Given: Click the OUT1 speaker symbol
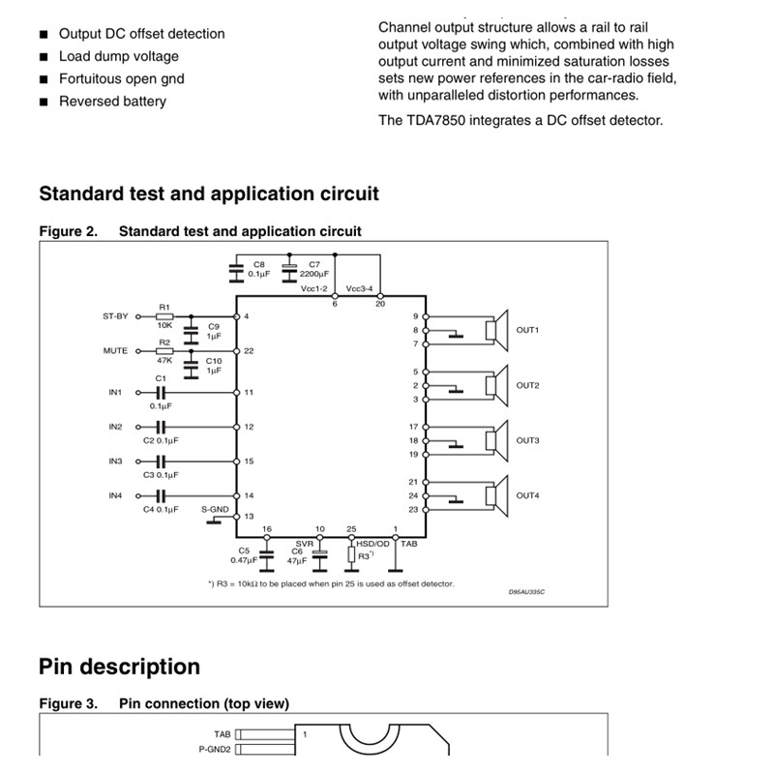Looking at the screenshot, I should pyautogui.click(x=493, y=330).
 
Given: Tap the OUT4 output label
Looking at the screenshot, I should pyautogui.click(x=527, y=495).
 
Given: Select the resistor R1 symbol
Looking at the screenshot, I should pyautogui.click(x=164, y=316).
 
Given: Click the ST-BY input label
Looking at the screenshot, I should pyautogui.click(x=115, y=316).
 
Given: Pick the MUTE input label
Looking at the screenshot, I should pyautogui.click(x=115, y=351).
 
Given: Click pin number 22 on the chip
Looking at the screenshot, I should pyautogui.click(x=249, y=351).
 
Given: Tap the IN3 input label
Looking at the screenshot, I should pyautogui.click(x=116, y=461).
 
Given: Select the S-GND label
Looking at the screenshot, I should pyautogui.click(x=215, y=509).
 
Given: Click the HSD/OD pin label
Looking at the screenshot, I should pyautogui.click(x=372, y=545).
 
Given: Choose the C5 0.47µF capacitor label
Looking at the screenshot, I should pyautogui.click(x=243, y=555).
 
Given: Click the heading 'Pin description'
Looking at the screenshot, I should pyautogui.click(x=119, y=667).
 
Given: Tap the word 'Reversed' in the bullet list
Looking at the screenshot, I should pyautogui.click(x=85, y=102).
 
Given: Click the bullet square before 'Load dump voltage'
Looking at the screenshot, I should pyautogui.click(x=44, y=57).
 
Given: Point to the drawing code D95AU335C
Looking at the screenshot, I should pyautogui.click(x=527, y=591).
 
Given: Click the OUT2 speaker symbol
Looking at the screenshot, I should pyautogui.click(x=493, y=385).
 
